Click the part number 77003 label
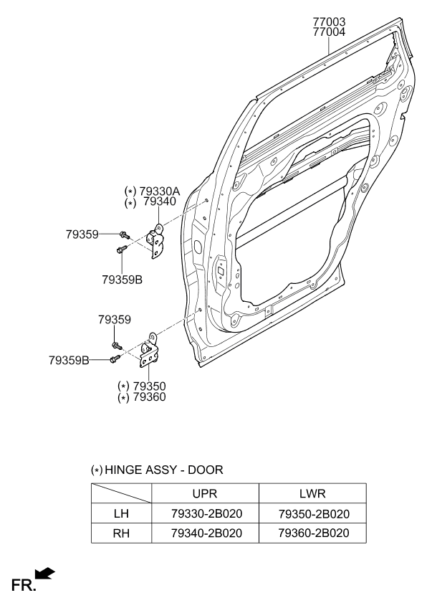[329, 22]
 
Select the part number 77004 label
[329, 32]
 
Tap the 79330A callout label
[160, 191]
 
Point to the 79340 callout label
[160, 201]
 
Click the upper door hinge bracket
[155, 241]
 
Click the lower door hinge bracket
[149, 351]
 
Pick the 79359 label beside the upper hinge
[82, 234]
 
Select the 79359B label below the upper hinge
[122, 280]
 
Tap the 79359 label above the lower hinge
[115, 320]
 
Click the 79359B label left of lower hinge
[69, 360]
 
